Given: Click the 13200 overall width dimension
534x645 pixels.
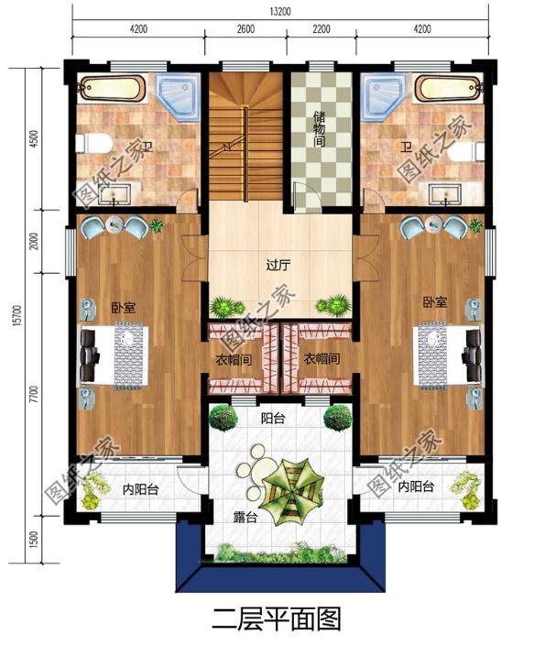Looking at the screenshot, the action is pos(280,11).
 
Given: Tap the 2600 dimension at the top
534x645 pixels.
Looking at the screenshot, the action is pos(245,28).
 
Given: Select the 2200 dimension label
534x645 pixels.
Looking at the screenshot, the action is pos(321,28).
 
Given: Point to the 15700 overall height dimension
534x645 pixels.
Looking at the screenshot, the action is pos(16,315).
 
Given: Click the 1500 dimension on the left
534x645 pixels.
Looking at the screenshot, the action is pos(34,540).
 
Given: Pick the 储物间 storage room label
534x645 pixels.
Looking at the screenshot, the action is pos(319,128).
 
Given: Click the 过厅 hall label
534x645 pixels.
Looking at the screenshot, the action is pos(278,266).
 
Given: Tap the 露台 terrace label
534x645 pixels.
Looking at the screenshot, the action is pos(245,518).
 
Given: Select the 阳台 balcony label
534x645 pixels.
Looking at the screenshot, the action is pos(273,419).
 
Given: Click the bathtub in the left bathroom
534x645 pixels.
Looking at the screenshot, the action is pos(111,88).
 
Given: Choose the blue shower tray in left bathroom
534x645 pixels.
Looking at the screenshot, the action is pos(180,96).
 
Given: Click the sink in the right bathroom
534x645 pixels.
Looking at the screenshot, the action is pos(445,194).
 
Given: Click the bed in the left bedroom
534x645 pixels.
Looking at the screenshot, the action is pos(114,355).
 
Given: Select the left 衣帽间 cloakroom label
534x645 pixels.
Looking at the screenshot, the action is pos(234,360).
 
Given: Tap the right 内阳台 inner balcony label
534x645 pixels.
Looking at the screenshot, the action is pos(416,486).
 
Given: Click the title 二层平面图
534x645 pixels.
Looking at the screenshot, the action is pos(277,619).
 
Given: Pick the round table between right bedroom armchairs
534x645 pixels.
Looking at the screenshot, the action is pos(434,224).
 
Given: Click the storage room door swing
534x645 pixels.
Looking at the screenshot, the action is pos(303,198).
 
